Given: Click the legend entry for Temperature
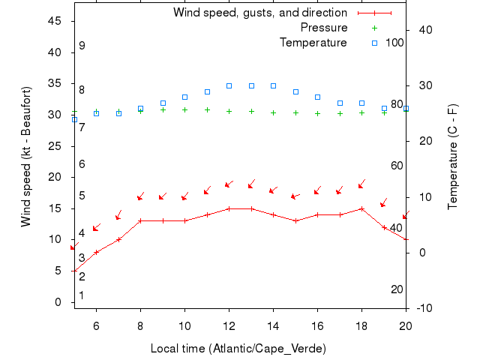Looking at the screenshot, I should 313,43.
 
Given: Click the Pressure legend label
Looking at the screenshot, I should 324,28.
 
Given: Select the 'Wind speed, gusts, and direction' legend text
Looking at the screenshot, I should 260,13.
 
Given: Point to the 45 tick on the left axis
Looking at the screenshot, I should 55,21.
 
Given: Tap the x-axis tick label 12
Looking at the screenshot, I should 229,326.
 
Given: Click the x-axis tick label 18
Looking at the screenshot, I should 361,326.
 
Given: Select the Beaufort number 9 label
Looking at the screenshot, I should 82,46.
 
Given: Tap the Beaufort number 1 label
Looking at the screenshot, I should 82,295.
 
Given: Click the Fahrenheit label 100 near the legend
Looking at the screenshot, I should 394,43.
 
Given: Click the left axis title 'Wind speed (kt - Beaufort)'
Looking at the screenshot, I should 26,157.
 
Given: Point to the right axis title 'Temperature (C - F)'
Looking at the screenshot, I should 453,157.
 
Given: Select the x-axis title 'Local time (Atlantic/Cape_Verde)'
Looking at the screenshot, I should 238,349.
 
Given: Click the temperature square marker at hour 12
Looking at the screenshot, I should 229,85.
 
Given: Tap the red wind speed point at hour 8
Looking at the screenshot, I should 140,221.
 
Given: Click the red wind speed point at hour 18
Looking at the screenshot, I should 361,208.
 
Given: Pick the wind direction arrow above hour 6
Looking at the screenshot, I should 96,228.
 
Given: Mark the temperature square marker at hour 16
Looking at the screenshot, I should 317,97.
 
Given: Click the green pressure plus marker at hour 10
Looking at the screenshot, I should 184,109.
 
